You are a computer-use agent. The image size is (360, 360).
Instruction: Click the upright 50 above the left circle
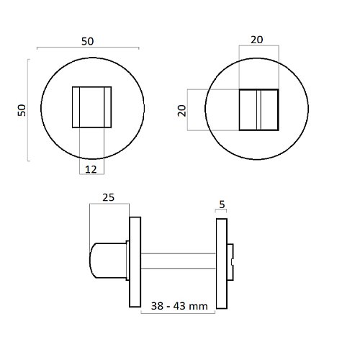click(87, 42)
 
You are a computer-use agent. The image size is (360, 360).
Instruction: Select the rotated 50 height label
click(22, 111)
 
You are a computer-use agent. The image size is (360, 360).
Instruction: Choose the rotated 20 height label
click(181, 110)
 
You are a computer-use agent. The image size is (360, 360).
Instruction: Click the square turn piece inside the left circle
click(91, 107)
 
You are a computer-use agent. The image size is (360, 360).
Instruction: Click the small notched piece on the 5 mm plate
click(232, 261)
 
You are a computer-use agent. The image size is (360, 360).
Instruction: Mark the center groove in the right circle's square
click(258, 110)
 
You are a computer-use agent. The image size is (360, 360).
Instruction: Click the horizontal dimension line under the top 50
click(87, 49)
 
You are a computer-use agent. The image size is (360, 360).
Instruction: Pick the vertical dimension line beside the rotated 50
click(29, 111)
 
